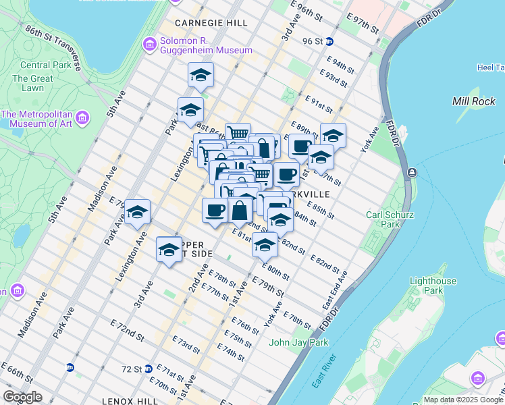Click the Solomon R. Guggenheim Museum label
(x=205, y=45)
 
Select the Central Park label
(x=45, y=65)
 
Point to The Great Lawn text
(x=32, y=84)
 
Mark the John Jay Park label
(x=298, y=342)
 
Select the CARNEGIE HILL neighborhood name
(x=201, y=22)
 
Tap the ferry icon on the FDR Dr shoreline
(x=411, y=173)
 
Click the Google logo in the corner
(x=23, y=396)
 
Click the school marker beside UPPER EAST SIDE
(x=169, y=250)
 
